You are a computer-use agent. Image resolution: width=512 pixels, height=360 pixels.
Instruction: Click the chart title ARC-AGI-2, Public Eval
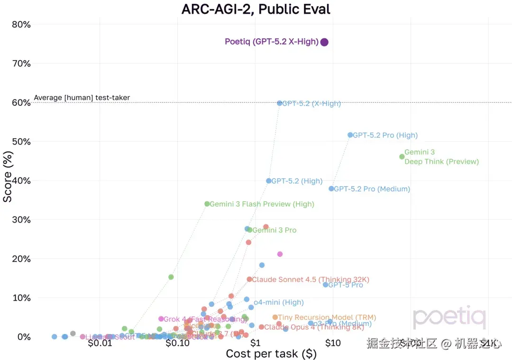pyautogui.click(x=256, y=9)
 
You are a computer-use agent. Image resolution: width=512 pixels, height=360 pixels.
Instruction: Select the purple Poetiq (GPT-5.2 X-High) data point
pyautogui.click(x=324, y=42)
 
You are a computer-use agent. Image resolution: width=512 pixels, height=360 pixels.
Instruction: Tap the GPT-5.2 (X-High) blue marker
pyautogui.click(x=280, y=103)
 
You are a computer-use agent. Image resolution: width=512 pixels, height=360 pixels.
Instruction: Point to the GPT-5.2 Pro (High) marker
pyautogui.click(x=350, y=135)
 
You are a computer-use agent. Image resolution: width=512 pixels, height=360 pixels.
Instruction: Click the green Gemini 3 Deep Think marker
pyautogui.click(x=402, y=157)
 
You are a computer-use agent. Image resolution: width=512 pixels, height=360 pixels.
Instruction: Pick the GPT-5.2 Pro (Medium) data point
pyautogui.click(x=331, y=189)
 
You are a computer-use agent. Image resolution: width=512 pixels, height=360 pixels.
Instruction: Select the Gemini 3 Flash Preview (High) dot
pyautogui.click(x=207, y=204)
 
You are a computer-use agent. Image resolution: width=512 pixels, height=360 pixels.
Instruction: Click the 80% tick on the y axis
pyautogui.click(x=21, y=24)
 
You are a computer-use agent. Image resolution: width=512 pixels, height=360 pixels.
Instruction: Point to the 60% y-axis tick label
pyautogui.click(x=21, y=102)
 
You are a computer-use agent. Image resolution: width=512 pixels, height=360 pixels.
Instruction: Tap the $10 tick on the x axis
pyautogui.click(x=333, y=342)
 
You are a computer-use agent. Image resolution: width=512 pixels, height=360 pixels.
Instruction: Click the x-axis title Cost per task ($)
pyautogui.click(x=271, y=353)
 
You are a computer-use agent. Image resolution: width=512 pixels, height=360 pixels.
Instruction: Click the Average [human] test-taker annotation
pyautogui.click(x=82, y=98)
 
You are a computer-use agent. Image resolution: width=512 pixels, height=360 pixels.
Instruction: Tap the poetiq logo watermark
pyautogui.click(x=449, y=317)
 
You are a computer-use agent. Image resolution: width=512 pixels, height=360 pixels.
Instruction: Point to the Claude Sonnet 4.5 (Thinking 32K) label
pyautogui.click(x=310, y=279)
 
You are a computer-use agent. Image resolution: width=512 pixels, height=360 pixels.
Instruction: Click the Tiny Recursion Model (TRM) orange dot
pyautogui.click(x=275, y=317)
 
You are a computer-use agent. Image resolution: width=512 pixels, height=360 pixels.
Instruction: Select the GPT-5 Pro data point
pyautogui.click(x=325, y=285)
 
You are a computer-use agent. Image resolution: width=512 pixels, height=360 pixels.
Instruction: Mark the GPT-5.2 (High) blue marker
pyautogui.click(x=269, y=181)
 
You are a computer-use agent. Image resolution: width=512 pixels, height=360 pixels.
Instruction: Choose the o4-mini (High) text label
pyautogui.click(x=278, y=302)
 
